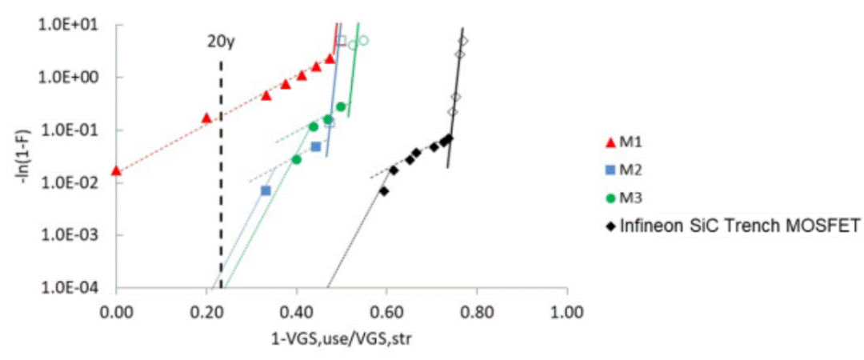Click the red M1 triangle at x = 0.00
click(x=116, y=171)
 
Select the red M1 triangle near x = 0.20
click(x=206, y=118)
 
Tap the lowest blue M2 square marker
click(x=266, y=190)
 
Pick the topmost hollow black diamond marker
click(x=463, y=41)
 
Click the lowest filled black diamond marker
click(x=383, y=191)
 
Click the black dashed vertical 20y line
click(x=221, y=174)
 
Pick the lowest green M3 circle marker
click(x=297, y=159)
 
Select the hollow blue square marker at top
click(x=342, y=41)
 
